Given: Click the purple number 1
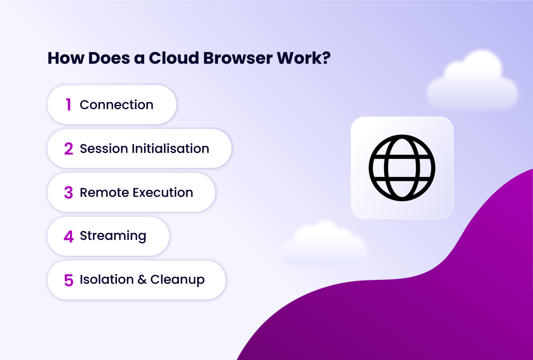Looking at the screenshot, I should (68, 105).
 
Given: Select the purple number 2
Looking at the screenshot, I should (68, 149).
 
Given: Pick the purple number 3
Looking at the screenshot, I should (68, 193).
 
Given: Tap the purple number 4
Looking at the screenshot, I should (68, 236).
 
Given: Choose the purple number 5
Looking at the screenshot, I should (68, 280).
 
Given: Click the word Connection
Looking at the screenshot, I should (117, 105).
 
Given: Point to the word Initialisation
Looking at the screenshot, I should (170, 149).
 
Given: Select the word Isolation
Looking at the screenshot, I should (107, 280).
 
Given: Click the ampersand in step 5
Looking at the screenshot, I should (142, 280).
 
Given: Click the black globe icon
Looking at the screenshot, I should (402, 168).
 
